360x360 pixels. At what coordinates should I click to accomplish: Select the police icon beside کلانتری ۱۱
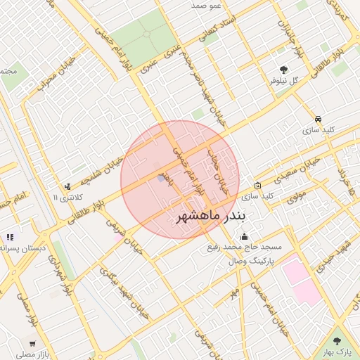(x=67, y=186)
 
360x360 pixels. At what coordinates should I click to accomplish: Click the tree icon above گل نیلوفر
(x=283, y=69)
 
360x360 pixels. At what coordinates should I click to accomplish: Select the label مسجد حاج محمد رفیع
(x=244, y=247)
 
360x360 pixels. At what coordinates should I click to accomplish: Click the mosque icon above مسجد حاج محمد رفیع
(x=244, y=236)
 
